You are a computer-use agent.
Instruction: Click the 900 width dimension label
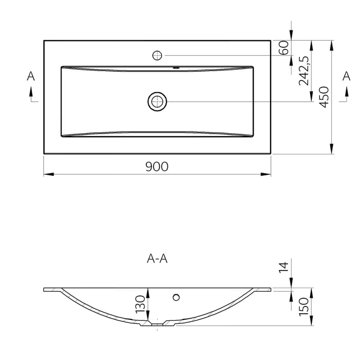click(x=157, y=166)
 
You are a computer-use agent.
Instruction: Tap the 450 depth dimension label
click(x=324, y=97)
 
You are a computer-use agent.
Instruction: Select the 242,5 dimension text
click(x=304, y=71)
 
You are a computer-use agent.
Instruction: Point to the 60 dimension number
click(x=283, y=48)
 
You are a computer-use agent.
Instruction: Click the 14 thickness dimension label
click(x=283, y=267)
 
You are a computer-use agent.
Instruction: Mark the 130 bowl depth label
click(x=140, y=305)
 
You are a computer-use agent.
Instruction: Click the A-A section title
click(x=157, y=259)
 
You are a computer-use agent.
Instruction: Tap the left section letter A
click(x=31, y=76)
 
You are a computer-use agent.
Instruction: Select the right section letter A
click(x=346, y=76)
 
